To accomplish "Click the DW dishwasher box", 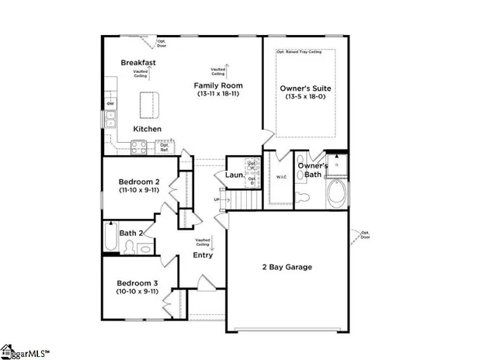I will click(111, 103).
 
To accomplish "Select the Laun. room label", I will click(235, 176).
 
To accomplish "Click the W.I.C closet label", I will click(282, 177).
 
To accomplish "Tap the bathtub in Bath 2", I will click(110, 239).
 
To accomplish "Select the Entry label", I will click(203, 255).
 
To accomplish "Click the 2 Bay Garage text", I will click(286, 267).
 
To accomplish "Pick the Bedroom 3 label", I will click(138, 283).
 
